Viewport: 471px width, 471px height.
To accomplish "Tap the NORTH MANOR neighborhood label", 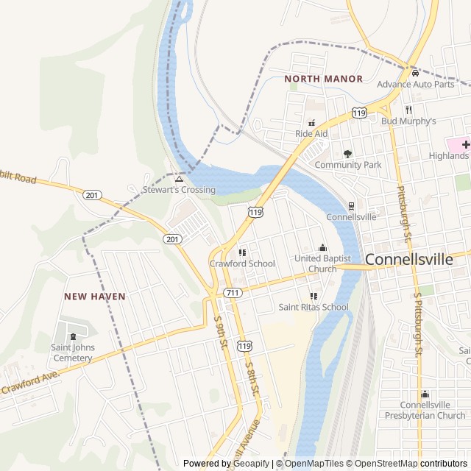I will coord(323,79).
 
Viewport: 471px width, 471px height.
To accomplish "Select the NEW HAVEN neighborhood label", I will coord(94,296).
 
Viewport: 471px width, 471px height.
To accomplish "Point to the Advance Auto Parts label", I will coord(416,84).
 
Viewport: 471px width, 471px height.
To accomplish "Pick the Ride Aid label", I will coord(311,134).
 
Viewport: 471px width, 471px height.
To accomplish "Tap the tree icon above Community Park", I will coord(348,154).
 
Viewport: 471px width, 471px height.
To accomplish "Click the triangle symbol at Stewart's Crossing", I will coord(179,179).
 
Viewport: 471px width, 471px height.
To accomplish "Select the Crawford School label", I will coord(242,263).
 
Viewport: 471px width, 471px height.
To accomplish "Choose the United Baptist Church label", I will coord(322,263).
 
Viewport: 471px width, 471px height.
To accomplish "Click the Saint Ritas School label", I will coord(314,307).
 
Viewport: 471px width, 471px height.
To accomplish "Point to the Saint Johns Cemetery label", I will coord(71,353).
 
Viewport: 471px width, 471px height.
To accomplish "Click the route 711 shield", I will coord(233,293).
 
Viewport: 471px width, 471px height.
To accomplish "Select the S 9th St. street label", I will coord(219,332).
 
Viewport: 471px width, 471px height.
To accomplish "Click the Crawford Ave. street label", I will coord(29,383).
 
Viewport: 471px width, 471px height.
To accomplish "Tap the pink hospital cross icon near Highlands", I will coord(466,144).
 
